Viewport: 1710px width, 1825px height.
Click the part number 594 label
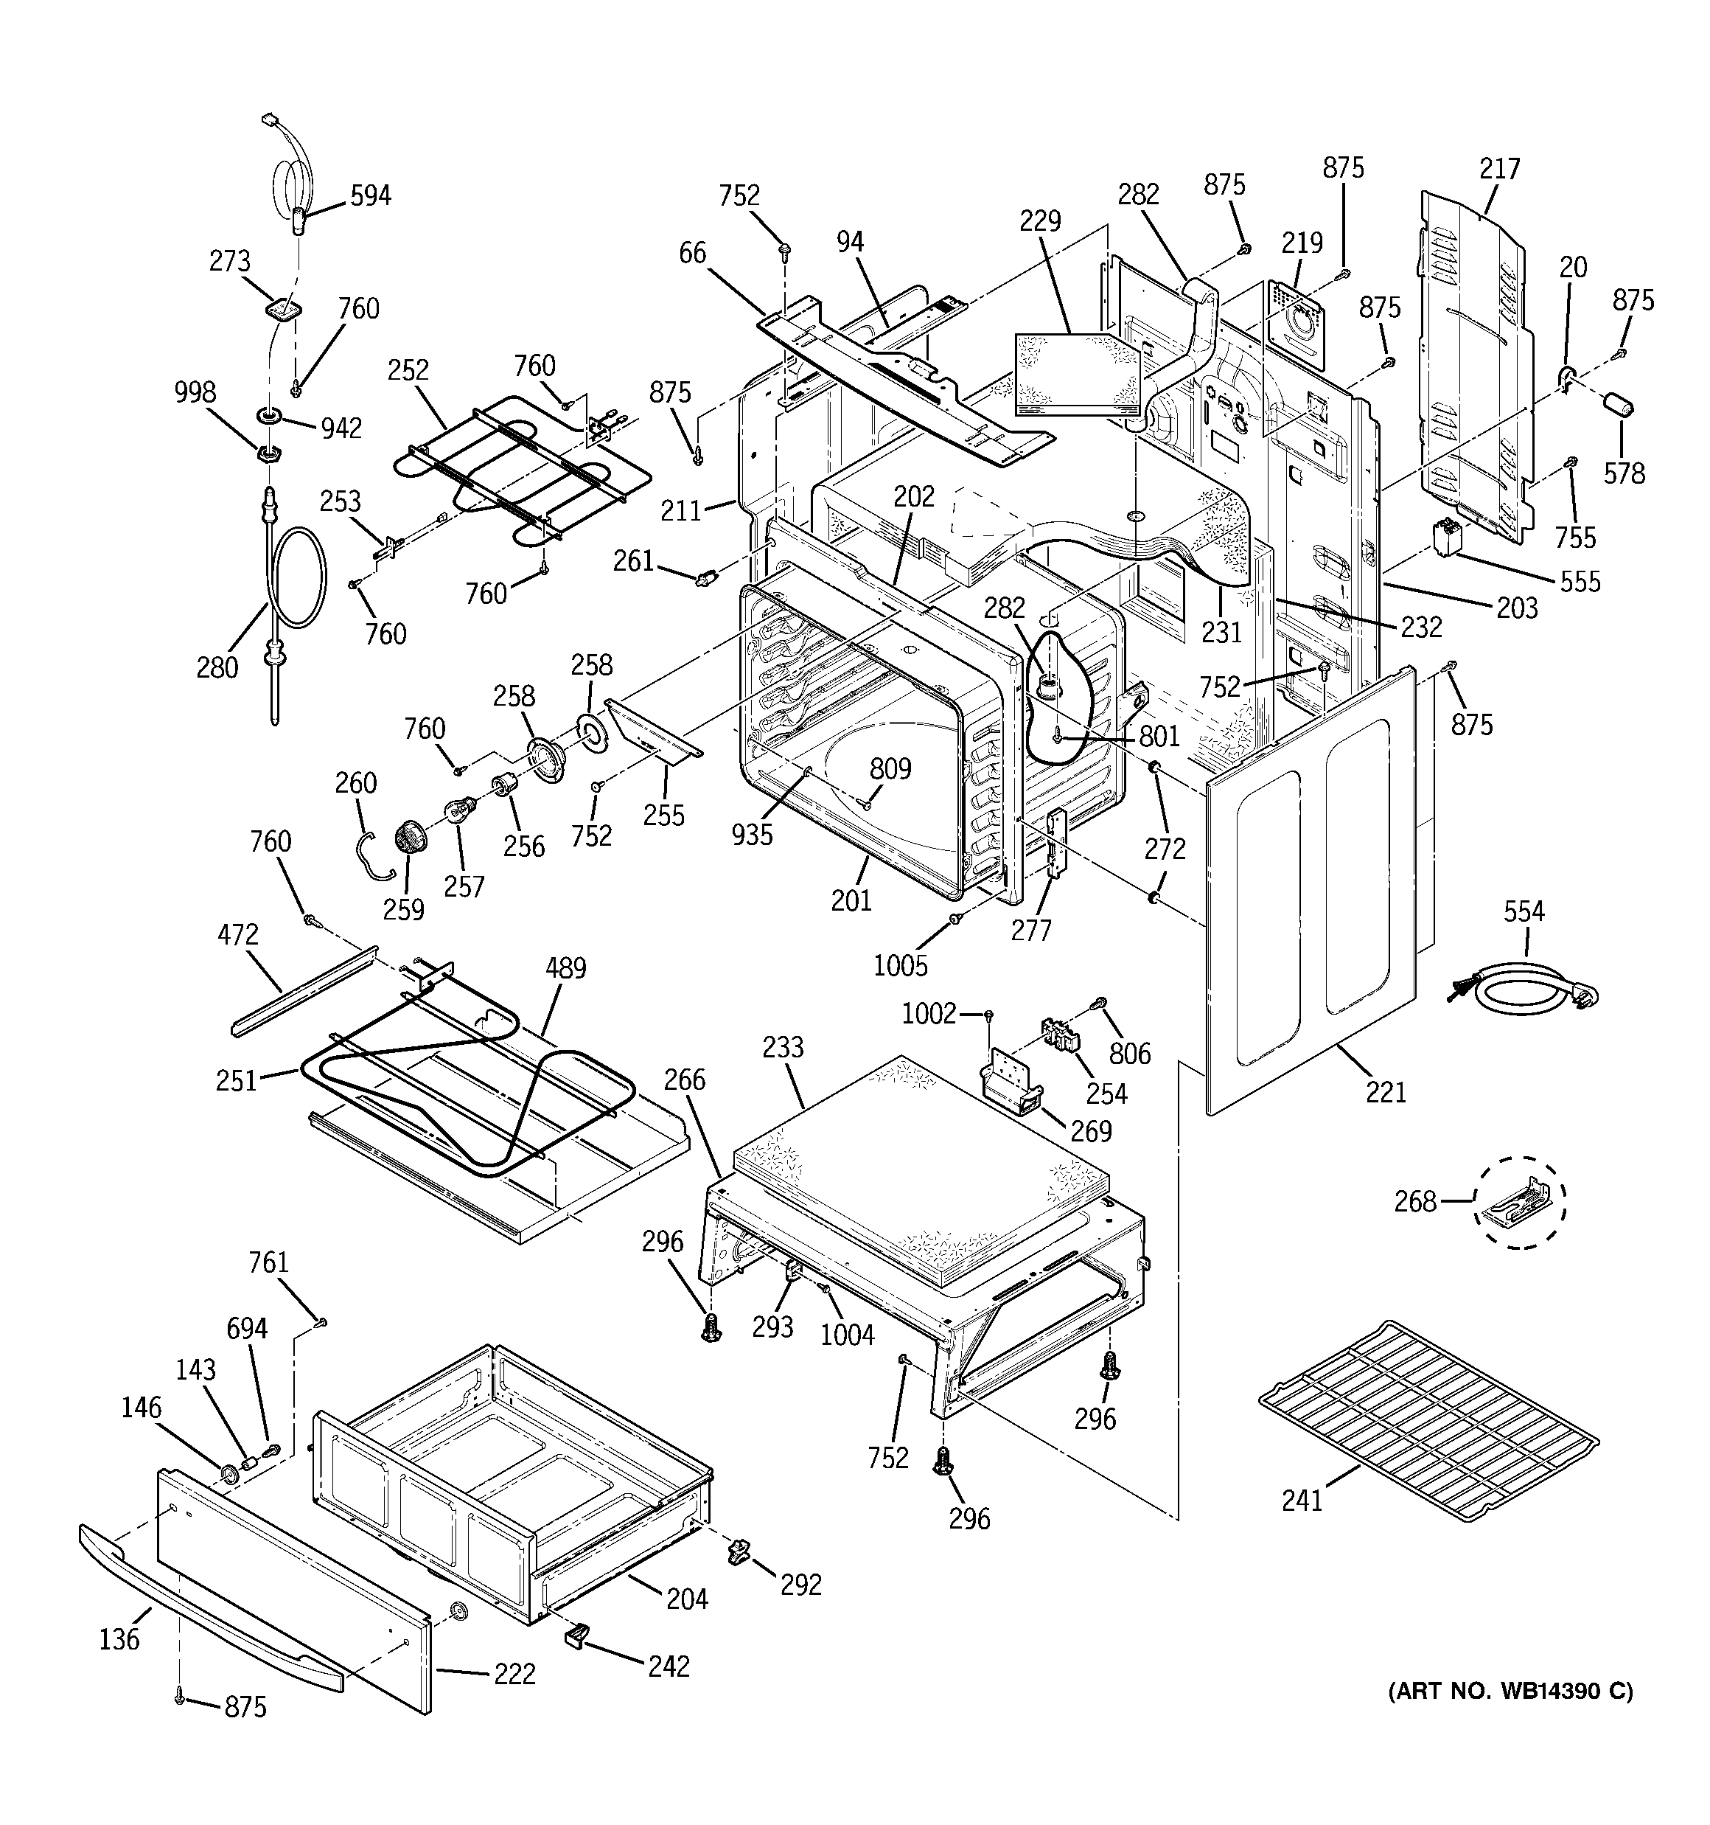click(370, 195)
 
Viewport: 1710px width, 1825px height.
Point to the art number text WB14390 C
click(1510, 1691)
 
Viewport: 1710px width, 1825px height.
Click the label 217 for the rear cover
click(1500, 169)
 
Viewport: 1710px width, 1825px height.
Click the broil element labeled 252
click(514, 468)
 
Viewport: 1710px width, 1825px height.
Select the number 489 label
click(565, 967)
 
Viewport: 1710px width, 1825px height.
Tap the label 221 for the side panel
click(1385, 1091)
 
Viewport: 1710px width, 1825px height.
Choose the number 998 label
click(195, 393)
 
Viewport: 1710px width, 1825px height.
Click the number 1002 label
click(929, 1013)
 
